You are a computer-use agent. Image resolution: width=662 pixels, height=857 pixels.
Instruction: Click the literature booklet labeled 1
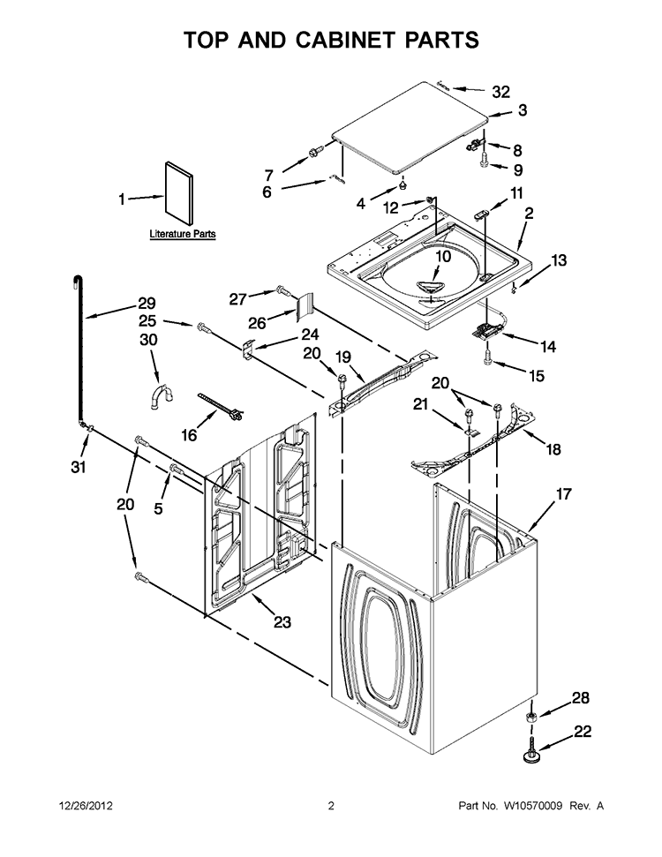pyautogui.click(x=178, y=193)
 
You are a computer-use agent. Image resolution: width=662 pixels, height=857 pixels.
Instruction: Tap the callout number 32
pyautogui.click(x=500, y=93)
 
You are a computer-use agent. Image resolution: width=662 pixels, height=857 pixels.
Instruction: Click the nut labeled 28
pyautogui.click(x=530, y=718)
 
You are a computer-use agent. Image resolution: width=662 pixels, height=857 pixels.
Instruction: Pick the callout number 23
pyautogui.click(x=282, y=621)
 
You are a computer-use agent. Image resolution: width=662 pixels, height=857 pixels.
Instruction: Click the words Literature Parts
pyautogui.click(x=183, y=234)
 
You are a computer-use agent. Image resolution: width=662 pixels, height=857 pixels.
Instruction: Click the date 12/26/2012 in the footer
pyautogui.click(x=86, y=806)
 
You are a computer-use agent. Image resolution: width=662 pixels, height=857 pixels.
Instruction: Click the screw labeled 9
pyautogui.click(x=484, y=160)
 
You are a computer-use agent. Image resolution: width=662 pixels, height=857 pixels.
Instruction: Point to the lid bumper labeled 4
pyautogui.click(x=402, y=186)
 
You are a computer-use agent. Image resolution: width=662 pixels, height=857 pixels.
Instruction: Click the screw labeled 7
pyautogui.click(x=314, y=153)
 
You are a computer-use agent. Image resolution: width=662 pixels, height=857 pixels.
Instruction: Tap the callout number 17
pyautogui.click(x=563, y=494)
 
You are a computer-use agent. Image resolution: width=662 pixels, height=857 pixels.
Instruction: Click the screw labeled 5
pyautogui.click(x=176, y=468)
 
